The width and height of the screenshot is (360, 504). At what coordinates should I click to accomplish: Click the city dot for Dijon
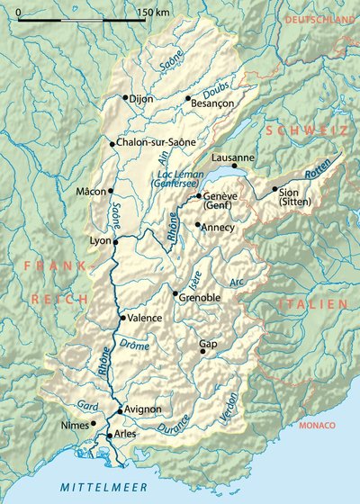124,97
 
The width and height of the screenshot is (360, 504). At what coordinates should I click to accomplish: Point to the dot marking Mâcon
111,191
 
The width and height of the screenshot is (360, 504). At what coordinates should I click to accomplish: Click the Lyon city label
100,241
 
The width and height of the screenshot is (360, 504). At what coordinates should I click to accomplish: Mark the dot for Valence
122,318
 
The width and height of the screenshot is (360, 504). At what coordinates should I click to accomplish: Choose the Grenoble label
200,297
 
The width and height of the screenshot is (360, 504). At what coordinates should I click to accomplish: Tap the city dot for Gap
202,351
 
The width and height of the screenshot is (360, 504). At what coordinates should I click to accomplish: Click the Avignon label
143,409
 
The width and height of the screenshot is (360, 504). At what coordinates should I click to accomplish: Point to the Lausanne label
233,158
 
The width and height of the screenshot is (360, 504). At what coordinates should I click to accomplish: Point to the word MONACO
317,425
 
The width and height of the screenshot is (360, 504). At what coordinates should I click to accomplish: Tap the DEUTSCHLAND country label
319,19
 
